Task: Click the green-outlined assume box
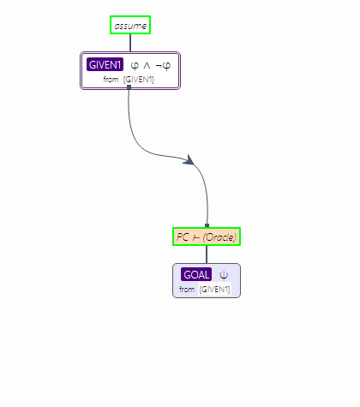[x=130, y=25]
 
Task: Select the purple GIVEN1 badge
[x=105, y=65]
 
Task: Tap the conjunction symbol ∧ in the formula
[x=147, y=66]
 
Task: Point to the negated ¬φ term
[x=163, y=66]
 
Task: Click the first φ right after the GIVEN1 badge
[x=135, y=66]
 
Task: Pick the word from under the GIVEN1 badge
[x=111, y=80]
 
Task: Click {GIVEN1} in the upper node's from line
[x=139, y=80]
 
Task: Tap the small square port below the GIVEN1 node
[x=129, y=87]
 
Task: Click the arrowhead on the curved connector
[x=189, y=160]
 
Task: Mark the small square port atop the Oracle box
[x=207, y=225]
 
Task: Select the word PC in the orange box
[x=183, y=236]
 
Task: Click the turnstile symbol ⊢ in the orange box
[x=196, y=237]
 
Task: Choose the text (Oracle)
[x=219, y=237]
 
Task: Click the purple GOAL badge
[x=196, y=274]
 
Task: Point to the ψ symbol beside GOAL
[x=224, y=275]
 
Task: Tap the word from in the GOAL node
[x=187, y=290]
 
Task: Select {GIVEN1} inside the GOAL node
[x=214, y=290]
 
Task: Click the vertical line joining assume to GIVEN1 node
[x=130, y=43]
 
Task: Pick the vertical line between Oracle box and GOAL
[x=207, y=254]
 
